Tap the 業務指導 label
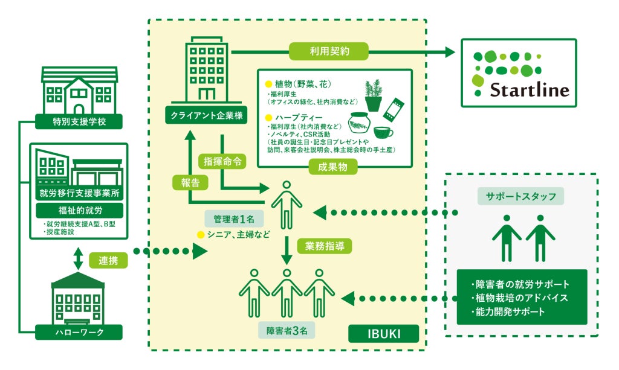click(328, 246)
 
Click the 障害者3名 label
click(287, 330)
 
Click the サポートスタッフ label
click(520, 196)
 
